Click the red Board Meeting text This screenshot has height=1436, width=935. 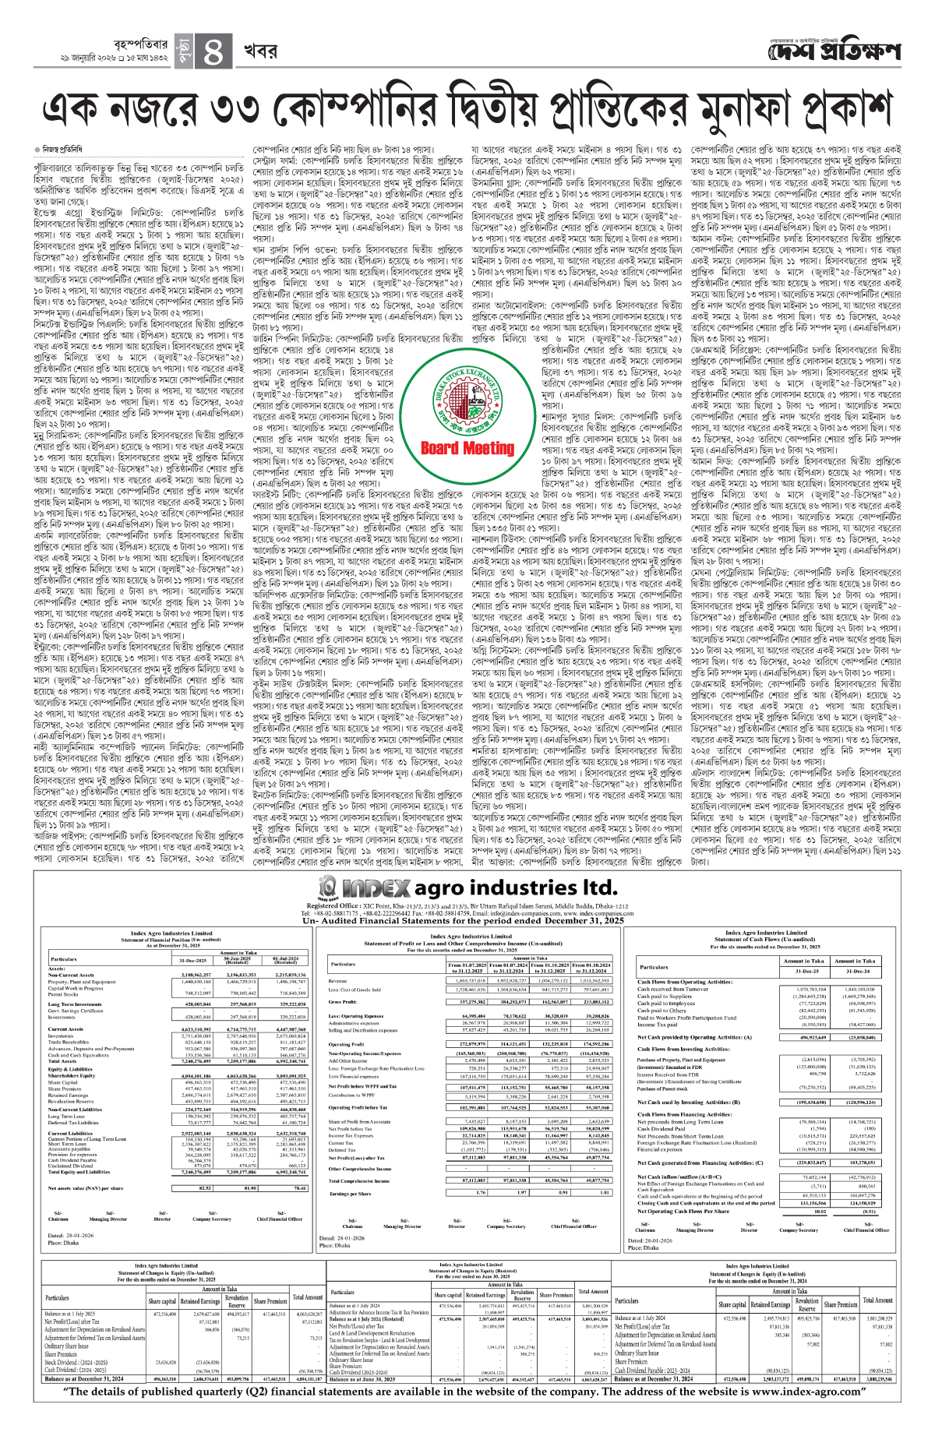click(467, 448)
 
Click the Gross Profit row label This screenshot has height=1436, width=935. click(343, 1002)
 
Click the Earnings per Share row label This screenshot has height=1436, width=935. click(349, 1193)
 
